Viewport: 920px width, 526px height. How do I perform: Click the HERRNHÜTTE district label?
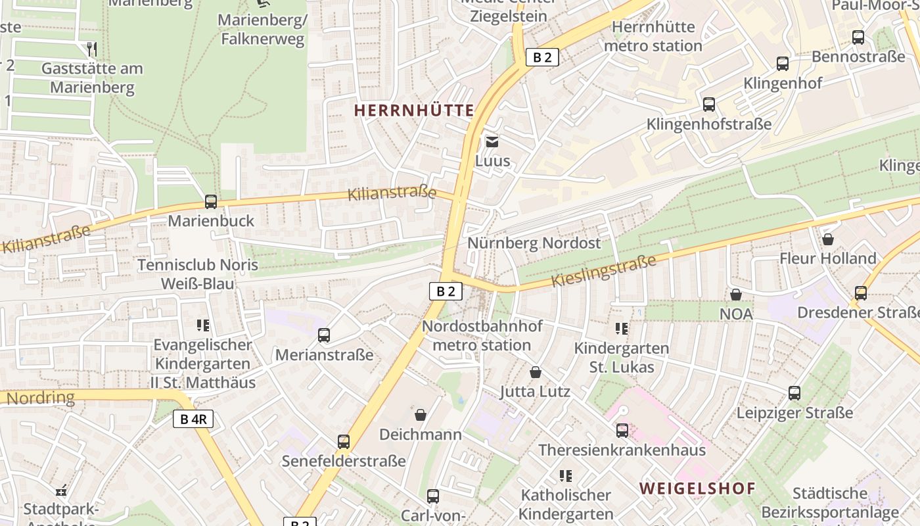pyautogui.click(x=414, y=110)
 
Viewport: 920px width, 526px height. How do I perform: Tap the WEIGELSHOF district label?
pyautogui.click(x=698, y=488)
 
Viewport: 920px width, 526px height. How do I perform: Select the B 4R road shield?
pyautogui.click(x=193, y=419)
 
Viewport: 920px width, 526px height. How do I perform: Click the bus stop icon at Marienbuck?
pyautogui.click(x=211, y=202)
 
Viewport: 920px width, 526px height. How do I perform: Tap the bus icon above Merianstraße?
pyautogui.click(x=324, y=335)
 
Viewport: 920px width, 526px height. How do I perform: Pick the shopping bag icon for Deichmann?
pyautogui.click(x=421, y=415)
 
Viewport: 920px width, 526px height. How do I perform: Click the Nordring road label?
pyautogui.click(x=41, y=397)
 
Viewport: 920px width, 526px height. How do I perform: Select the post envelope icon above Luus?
pyautogui.click(x=492, y=141)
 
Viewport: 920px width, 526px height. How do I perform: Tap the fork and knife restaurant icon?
pyautogui.click(x=92, y=49)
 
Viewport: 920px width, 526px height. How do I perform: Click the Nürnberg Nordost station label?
pyautogui.click(x=534, y=243)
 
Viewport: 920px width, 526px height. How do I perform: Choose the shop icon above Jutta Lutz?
pyautogui.click(x=536, y=372)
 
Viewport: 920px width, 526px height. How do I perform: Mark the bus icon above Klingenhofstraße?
pyautogui.click(x=709, y=105)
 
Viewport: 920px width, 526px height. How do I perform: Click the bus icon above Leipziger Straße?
pyautogui.click(x=794, y=393)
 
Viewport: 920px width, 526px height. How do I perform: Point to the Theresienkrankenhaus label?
pyautogui.click(x=622, y=450)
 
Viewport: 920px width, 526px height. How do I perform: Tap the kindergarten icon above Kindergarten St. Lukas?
pyautogui.click(x=621, y=328)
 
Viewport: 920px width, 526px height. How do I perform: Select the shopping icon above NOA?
pyautogui.click(x=736, y=295)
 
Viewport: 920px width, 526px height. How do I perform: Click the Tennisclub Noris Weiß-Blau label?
pyautogui.click(x=198, y=274)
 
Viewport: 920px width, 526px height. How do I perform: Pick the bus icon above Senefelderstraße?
pyautogui.click(x=344, y=442)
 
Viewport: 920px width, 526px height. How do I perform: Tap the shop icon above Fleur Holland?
pyautogui.click(x=828, y=239)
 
